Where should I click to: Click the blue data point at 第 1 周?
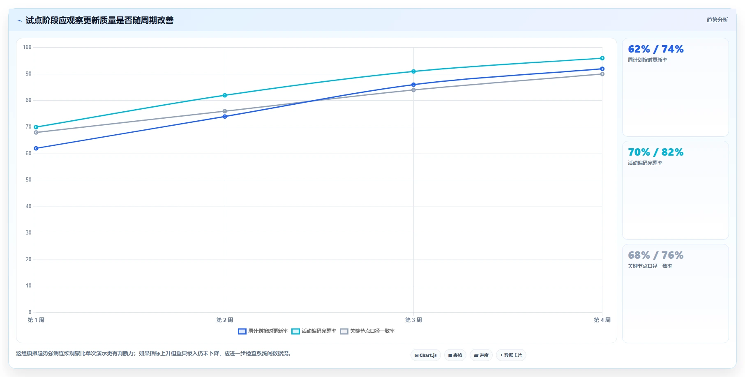[36, 148]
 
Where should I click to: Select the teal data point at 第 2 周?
[225, 95]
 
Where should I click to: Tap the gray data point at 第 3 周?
[413, 90]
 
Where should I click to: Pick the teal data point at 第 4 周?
[602, 58]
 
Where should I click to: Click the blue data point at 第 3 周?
[413, 85]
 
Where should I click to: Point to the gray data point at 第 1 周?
[36, 132]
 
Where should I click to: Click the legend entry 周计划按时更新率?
[263, 331]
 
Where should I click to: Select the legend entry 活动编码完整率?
[314, 331]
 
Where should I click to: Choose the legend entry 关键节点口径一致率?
[367, 331]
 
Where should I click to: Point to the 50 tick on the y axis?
[28, 180]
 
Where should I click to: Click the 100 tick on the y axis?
[27, 47]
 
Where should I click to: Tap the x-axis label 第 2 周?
[225, 320]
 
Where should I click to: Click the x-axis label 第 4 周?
[602, 320]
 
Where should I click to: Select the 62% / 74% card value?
[656, 49]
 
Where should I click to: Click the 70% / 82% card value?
[656, 152]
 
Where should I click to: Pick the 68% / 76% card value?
[656, 255]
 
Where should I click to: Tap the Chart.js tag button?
[426, 355]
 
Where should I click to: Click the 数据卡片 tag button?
[511, 355]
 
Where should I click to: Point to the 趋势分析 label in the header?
[717, 20]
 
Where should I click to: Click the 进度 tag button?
[481, 355]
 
